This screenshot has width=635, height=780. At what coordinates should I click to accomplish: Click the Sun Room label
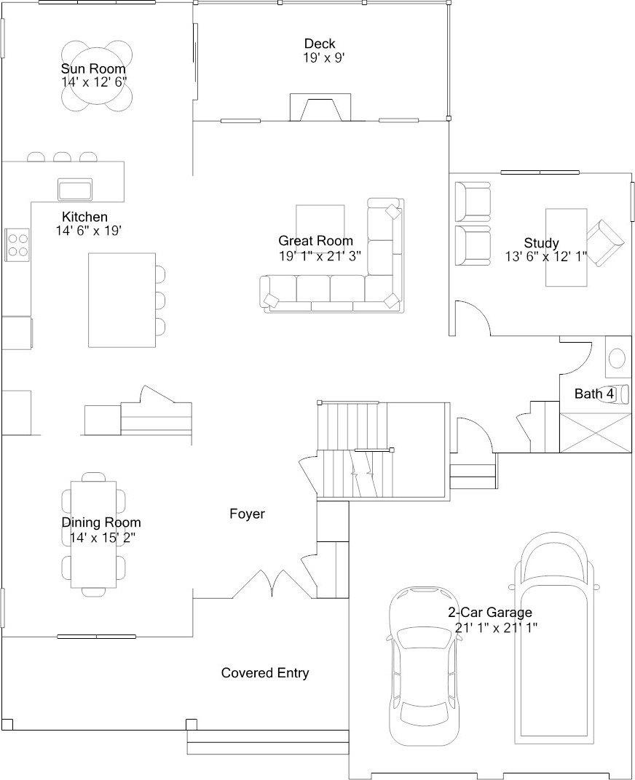pyautogui.click(x=93, y=68)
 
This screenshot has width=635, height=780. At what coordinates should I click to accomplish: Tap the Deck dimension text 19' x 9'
pyautogui.click(x=324, y=58)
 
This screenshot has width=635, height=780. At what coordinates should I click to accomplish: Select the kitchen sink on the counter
pyautogui.click(x=75, y=188)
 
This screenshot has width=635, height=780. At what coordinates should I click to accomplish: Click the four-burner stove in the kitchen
pyautogui.click(x=17, y=244)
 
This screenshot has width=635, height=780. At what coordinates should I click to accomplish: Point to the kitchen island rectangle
pyautogui.click(x=122, y=300)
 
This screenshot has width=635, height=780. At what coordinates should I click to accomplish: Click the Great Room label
pyautogui.click(x=315, y=241)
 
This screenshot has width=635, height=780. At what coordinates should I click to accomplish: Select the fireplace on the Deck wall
pyautogui.click(x=320, y=107)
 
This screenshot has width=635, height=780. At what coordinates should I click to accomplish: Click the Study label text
pyautogui.click(x=541, y=243)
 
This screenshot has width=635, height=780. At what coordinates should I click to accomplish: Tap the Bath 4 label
pyautogui.click(x=594, y=394)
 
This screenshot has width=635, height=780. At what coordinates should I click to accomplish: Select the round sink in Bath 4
pyautogui.click(x=618, y=358)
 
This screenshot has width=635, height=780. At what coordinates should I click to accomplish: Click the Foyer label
pyautogui.click(x=247, y=514)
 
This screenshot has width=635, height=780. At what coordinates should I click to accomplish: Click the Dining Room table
pyautogui.click(x=94, y=534)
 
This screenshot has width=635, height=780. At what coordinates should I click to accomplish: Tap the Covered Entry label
pyautogui.click(x=265, y=673)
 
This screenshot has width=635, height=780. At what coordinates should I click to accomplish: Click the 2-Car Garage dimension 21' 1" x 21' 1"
pyautogui.click(x=496, y=628)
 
